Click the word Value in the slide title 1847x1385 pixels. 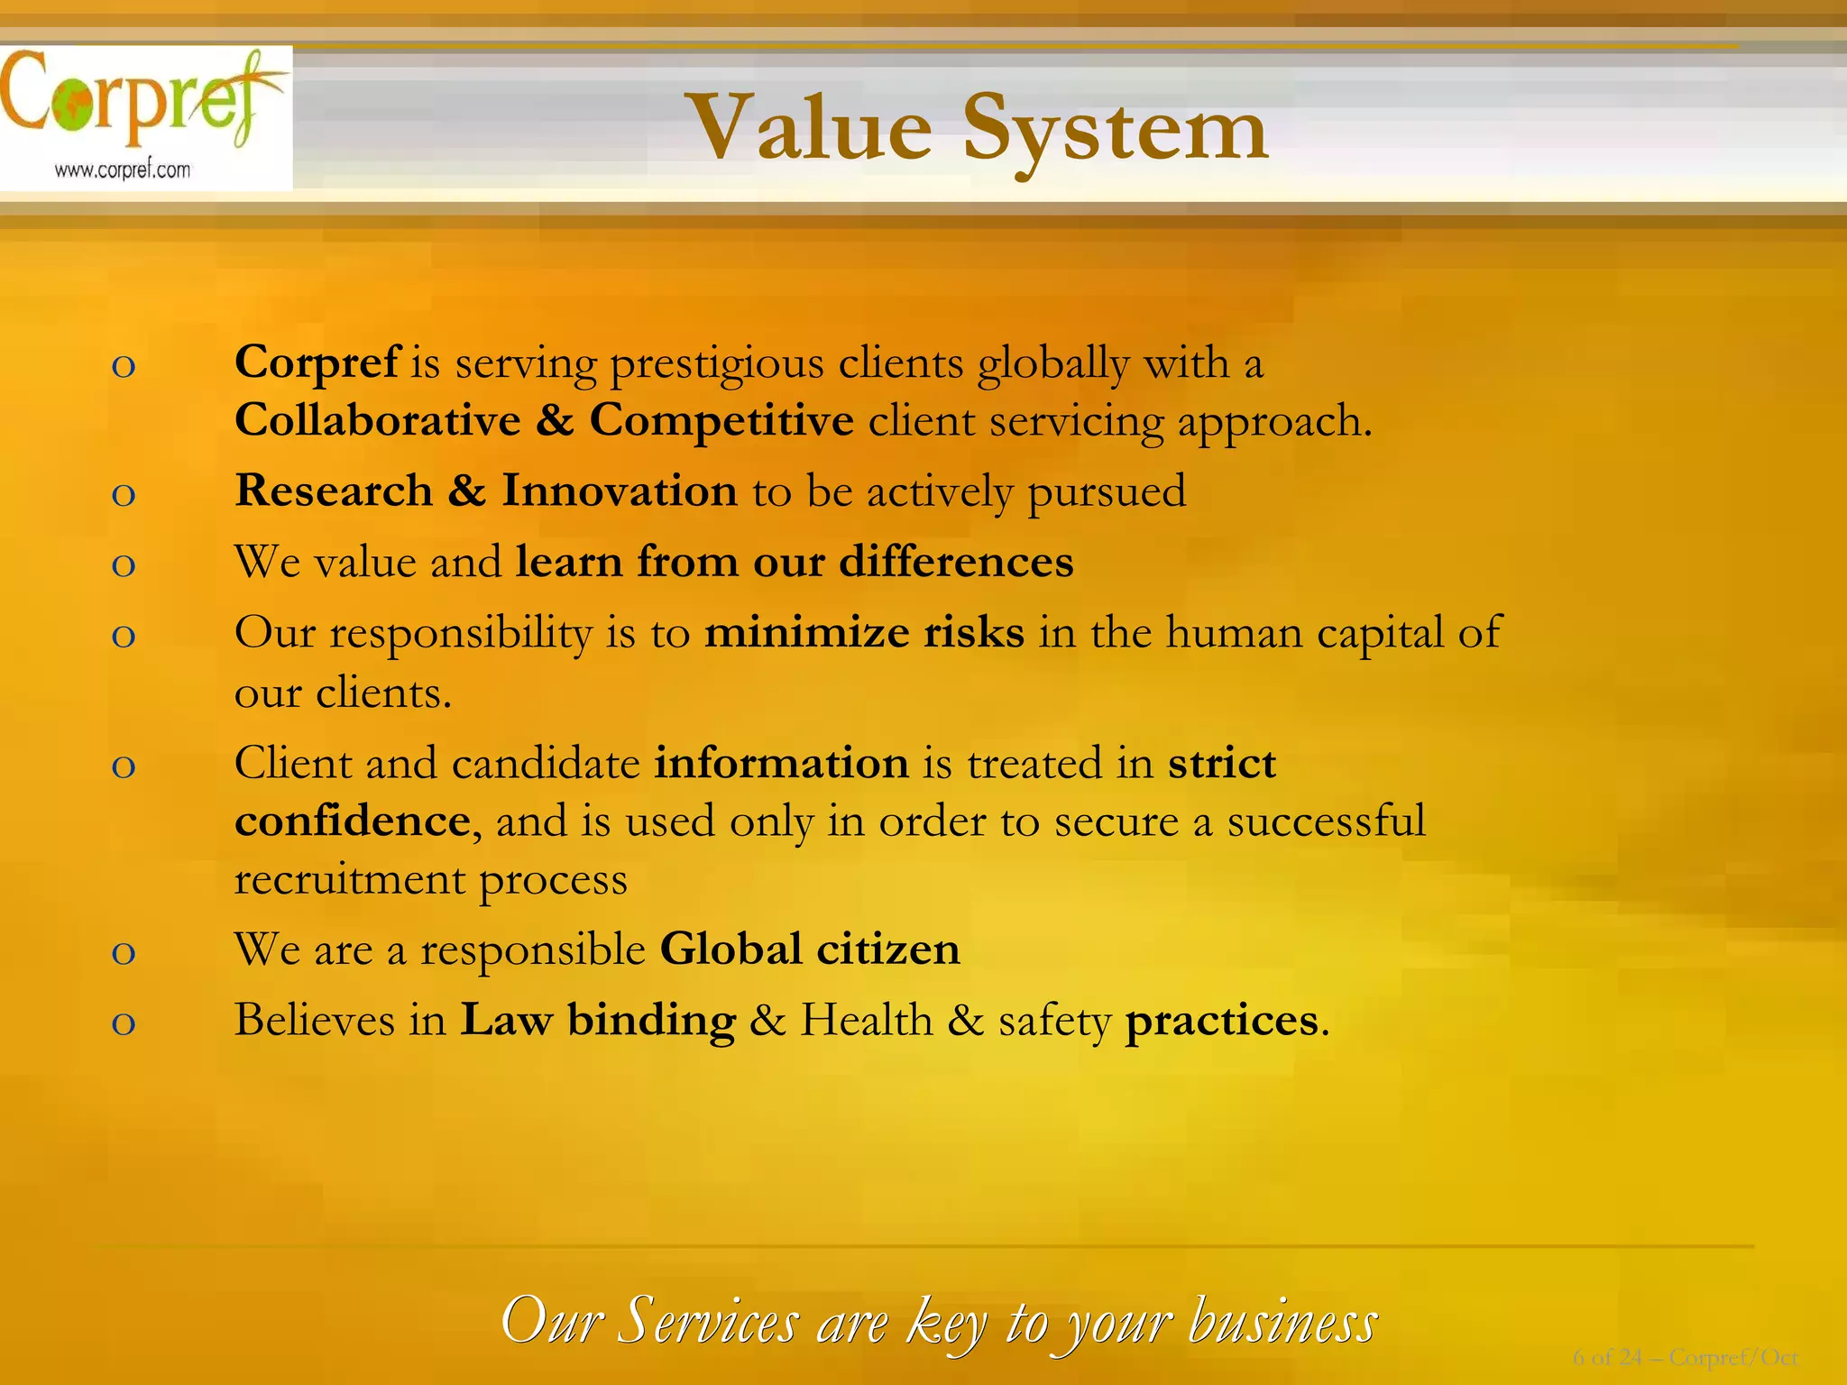click(x=809, y=129)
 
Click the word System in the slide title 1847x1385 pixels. click(x=1116, y=131)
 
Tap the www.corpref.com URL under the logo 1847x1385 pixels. click(x=123, y=170)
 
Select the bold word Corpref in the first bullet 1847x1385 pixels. click(x=317, y=362)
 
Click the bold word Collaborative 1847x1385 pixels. click(x=377, y=420)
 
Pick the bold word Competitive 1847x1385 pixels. click(x=721, y=420)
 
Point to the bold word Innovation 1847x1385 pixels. click(x=620, y=491)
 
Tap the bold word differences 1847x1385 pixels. click(x=956, y=562)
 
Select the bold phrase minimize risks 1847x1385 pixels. click(x=864, y=632)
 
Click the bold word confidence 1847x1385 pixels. click(x=353, y=821)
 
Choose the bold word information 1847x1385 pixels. click(x=781, y=764)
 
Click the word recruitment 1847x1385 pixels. click(x=348, y=880)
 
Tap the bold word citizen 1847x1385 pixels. click(x=887, y=949)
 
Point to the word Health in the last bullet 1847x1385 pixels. click(x=867, y=1021)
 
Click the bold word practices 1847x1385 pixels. click(x=1222, y=1022)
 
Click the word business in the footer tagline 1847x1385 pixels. click(x=1282, y=1321)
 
